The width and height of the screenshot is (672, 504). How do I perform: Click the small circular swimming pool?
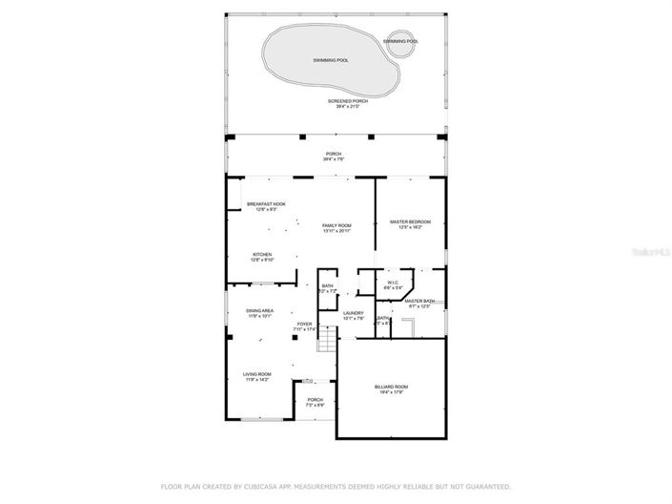tap(400, 42)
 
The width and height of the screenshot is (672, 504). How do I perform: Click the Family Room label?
tap(337, 225)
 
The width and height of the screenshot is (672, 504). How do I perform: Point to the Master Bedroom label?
tap(411, 222)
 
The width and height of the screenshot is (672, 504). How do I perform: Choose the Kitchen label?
tap(262, 255)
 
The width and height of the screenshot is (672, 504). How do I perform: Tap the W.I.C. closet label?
tap(393, 282)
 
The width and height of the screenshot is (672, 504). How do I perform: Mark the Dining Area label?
tap(260, 310)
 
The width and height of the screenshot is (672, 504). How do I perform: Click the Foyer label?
tap(304, 325)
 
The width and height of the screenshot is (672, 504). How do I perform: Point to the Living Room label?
tap(257, 374)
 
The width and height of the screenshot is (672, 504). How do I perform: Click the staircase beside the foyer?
tap(327, 339)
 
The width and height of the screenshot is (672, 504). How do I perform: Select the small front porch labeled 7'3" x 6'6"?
tap(315, 401)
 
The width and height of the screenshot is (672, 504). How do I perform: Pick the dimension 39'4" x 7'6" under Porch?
tap(334, 158)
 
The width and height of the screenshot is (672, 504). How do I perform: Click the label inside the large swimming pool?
tap(330, 59)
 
